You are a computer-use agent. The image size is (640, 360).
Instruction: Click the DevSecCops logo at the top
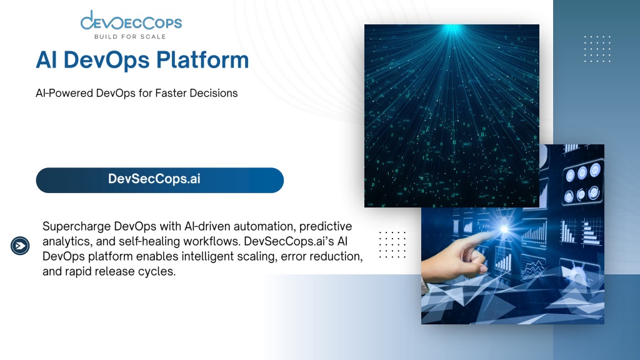tap(131, 24)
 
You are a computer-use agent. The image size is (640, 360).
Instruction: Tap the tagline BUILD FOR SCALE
tap(130, 37)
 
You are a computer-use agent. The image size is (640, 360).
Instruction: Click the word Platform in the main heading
tap(202, 60)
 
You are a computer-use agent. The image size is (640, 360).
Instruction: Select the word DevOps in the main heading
tap(106, 60)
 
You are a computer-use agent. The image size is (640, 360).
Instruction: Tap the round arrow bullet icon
tap(20, 246)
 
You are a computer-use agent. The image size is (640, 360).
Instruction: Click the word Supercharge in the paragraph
tap(76, 226)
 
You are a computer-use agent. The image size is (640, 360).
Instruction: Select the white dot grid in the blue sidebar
tap(597, 49)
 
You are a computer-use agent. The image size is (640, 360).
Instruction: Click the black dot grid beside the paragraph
tap(392, 245)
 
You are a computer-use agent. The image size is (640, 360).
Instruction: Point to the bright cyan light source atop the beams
tap(452, 29)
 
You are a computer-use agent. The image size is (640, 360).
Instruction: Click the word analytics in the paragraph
tap(66, 241)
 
